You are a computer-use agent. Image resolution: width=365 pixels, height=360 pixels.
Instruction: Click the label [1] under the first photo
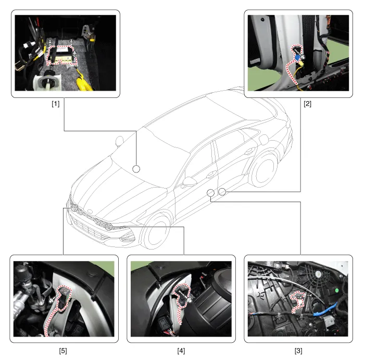point(56,104)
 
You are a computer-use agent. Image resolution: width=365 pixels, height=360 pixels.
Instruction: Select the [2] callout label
point(308,104)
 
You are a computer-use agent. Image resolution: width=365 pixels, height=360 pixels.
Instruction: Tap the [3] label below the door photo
point(298,351)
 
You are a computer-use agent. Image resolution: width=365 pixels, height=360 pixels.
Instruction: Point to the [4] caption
point(181,351)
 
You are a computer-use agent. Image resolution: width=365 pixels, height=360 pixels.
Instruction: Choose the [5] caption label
point(63,351)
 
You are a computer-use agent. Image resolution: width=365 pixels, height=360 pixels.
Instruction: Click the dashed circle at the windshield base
point(136,169)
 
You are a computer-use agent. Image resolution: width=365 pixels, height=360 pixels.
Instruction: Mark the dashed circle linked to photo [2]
point(222,192)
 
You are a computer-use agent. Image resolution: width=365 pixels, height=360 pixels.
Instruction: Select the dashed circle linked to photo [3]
point(210,193)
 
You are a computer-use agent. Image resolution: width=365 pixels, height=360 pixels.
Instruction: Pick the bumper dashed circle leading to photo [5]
point(74,207)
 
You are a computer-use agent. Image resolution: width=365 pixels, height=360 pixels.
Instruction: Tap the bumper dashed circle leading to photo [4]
point(108,227)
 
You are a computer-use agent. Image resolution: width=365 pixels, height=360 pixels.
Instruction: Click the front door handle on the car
point(211,174)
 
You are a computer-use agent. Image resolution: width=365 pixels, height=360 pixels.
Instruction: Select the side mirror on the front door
point(189,182)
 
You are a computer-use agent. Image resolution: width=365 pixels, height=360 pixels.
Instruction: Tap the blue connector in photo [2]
point(297,57)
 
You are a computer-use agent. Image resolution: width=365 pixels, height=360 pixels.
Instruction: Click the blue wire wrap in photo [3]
point(326,310)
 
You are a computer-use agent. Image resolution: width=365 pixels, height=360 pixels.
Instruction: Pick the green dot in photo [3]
point(336,290)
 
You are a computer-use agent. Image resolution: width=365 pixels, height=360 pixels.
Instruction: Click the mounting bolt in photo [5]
point(51,301)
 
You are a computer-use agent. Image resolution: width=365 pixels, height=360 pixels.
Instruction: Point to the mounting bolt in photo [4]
point(190,301)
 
